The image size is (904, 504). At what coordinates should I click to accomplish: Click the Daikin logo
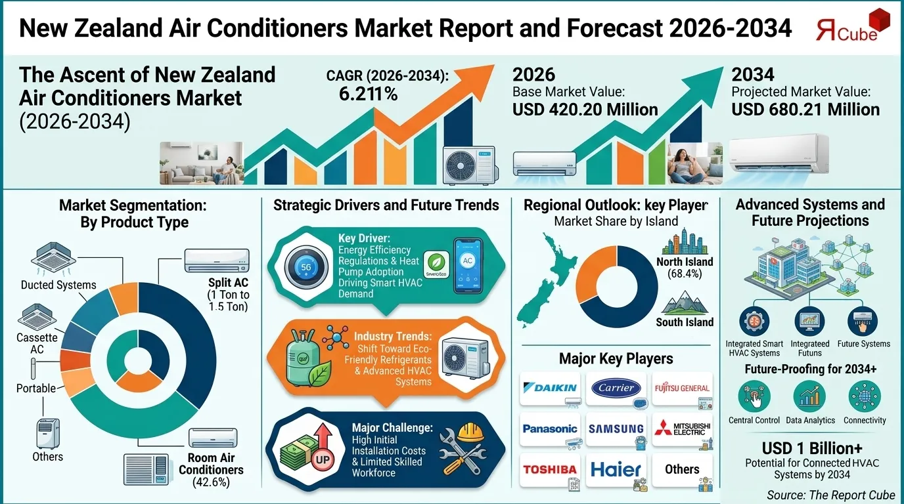[x=551, y=388]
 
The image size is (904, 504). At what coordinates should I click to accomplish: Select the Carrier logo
[x=616, y=388]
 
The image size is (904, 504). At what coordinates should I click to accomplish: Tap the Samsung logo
[x=616, y=429]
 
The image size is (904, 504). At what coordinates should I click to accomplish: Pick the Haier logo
[x=616, y=469]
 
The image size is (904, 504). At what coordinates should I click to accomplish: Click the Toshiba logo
[x=550, y=469]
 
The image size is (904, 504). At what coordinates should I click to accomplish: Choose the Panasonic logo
[x=550, y=429]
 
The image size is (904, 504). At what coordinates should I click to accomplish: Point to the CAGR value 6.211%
[x=368, y=94]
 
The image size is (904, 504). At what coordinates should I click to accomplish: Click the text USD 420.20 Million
[x=585, y=110]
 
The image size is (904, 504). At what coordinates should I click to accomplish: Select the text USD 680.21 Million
[x=805, y=110]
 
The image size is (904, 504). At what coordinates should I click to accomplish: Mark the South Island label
[x=685, y=322]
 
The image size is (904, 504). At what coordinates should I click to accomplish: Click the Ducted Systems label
[x=58, y=285]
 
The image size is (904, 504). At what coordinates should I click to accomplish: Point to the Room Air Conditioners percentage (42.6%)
[x=211, y=482]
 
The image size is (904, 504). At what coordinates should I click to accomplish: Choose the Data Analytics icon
[x=810, y=396]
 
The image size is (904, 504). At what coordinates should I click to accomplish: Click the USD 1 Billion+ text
[x=811, y=448]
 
